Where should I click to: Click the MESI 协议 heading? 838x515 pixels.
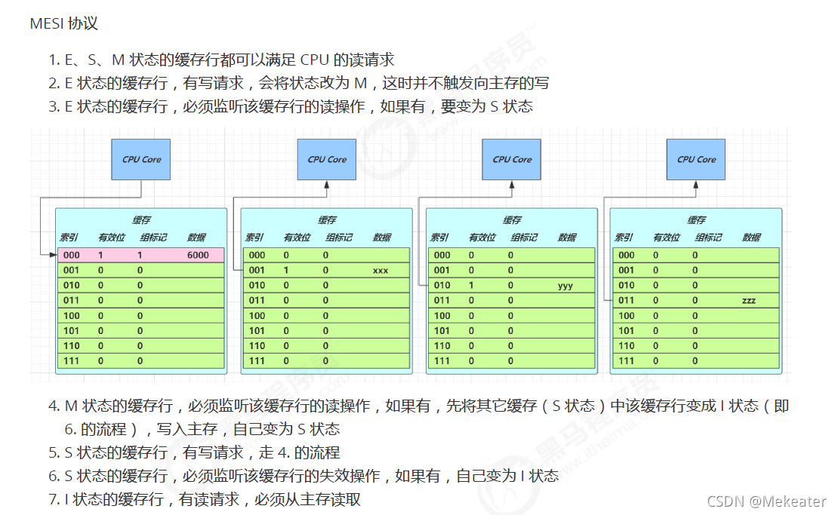pyautogui.click(x=64, y=23)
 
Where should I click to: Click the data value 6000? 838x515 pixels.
pyautogui.click(x=198, y=255)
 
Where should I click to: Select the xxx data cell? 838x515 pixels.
pyautogui.click(x=380, y=270)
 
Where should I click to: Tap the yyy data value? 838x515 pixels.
pyautogui.click(x=566, y=286)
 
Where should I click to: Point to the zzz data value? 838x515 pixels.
pyautogui.click(x=748, y=301)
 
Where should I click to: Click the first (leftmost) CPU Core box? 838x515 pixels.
pyautogui.click(x=141, y=159)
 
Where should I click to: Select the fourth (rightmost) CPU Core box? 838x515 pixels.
pyautogui.click(x=695, y=159)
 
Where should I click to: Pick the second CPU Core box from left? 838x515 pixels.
pyautogui.click(x=326, y=159)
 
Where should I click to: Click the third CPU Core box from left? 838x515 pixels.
pyautogui.click(x=511, y=159)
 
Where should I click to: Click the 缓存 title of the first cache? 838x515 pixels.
pyautogui.click(x=141, y=220)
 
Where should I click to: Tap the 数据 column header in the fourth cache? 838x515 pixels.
pyautogui.click(x=751, y=238)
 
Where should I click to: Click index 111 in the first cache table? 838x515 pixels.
pyautogui.click(x=72, y=361)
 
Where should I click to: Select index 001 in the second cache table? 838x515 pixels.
pyautogui.click(x=257, y=270)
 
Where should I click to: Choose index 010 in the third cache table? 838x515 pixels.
pyautogui.click(x=442, y=286)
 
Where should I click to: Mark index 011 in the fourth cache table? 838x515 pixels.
pyautogui.click(x=626, y=301)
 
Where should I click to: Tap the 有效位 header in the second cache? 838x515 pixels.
pyautogui.click(x=296, y=238)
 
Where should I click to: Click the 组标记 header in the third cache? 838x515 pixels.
pyautogui.click(x=524, y=238)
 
